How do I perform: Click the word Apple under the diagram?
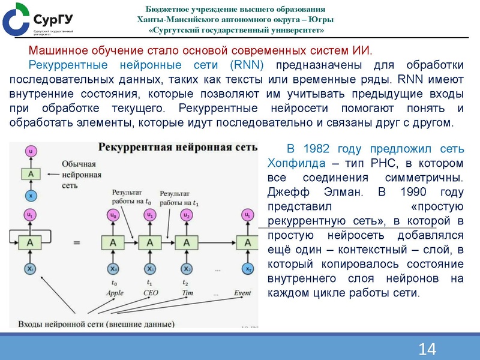click(114, 293)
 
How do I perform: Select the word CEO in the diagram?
click(151, 293)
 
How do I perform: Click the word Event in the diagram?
click(242, 293)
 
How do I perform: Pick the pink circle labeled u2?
click(187, 214)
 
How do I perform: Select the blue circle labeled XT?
click(246, 269)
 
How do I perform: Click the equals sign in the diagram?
click(76, 242)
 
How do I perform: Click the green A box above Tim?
click(187, 242)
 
